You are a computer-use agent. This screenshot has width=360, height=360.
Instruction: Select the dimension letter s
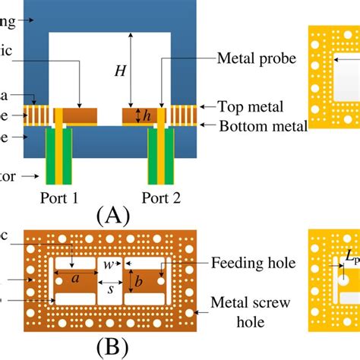pos(110,289)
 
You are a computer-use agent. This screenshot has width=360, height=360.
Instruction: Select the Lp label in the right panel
pos(352,262)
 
